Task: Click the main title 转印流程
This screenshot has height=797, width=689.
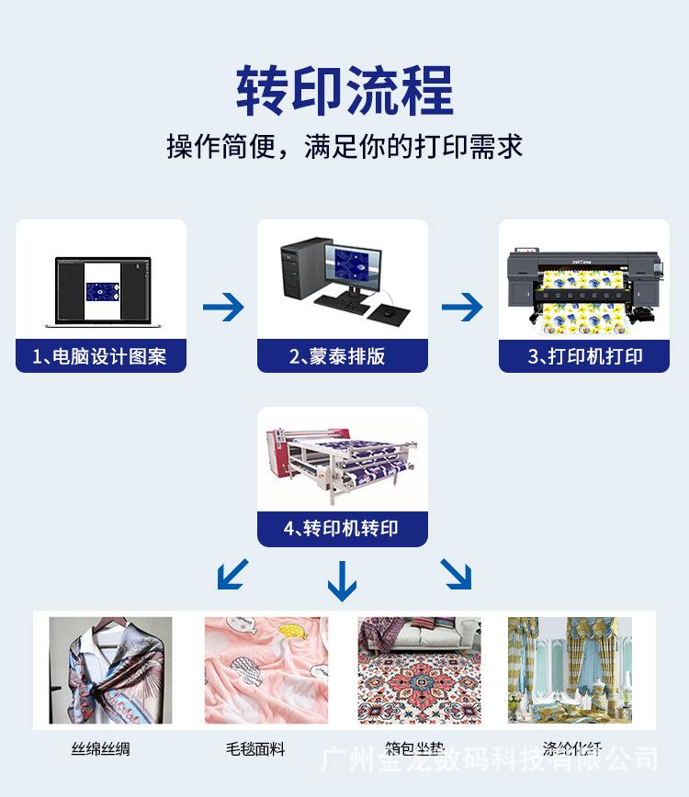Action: (344, 90)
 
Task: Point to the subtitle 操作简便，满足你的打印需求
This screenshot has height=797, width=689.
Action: (344, 146)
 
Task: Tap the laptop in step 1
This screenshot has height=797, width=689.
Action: (101, 292)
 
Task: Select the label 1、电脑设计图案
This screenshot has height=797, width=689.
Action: (100, 356)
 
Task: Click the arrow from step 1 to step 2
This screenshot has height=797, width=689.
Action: (222, 307)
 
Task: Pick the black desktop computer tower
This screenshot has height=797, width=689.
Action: (298, 271)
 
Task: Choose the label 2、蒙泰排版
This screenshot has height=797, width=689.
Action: (342, 356)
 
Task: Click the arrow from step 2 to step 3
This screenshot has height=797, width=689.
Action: (462, 307)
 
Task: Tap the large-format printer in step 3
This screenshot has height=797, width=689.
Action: (584, 289)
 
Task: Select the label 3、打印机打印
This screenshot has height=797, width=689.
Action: (584, 356)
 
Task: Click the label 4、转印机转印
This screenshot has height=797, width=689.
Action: (342, 528)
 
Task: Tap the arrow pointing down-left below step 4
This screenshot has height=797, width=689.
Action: (232, 574)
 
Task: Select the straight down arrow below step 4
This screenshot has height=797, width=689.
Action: (342, 579)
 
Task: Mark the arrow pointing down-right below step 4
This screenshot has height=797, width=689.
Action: (456, 574)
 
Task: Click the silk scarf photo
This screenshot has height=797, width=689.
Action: (110, 670)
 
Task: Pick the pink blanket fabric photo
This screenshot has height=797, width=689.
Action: (265, 670)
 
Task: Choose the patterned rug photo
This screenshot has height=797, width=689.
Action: (419, 670)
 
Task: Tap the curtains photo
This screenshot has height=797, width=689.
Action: (570, 670)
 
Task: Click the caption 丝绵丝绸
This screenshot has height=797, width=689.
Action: (100, 749)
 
